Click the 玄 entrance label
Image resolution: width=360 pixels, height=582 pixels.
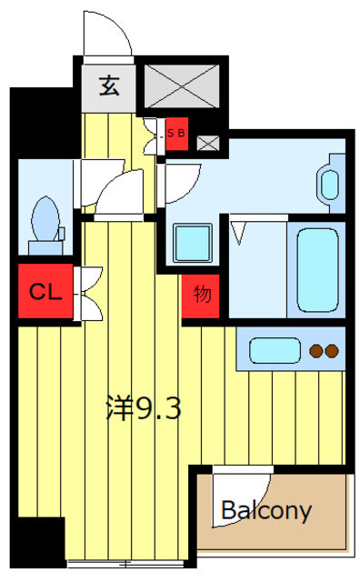pos(109,85)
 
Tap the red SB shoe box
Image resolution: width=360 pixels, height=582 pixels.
pos(176,134)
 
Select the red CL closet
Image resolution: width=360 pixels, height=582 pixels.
pos(45,291)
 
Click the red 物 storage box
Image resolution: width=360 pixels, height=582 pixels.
pos(201,296)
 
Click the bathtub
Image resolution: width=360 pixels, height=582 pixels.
pos(317,270)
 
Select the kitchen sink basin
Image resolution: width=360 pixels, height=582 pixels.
pos(275,350)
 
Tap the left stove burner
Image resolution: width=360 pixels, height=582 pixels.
pos(316,351)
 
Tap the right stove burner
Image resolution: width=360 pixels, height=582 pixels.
pos(332,351)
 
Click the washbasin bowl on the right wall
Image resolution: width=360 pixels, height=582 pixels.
pos(330,185)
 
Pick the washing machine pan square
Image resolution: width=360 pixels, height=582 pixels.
pos(192,243)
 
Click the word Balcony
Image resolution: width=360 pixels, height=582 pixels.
pos(266,511)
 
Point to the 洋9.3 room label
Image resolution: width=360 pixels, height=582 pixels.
pos(144,408)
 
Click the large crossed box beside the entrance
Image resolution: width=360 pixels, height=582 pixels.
pos(181,86)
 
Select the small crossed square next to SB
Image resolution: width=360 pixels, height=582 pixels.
pos(208,144)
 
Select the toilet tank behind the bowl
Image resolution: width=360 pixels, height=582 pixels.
pos(45,247)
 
